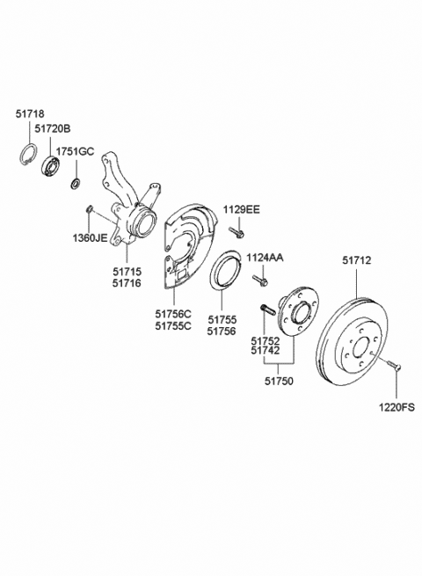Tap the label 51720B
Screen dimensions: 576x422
point(53,128)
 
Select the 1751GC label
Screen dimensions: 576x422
point(75,151)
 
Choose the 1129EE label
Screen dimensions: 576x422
point(242,209)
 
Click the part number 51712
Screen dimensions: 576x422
point(356,260)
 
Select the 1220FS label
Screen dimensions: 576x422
point(396,407)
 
